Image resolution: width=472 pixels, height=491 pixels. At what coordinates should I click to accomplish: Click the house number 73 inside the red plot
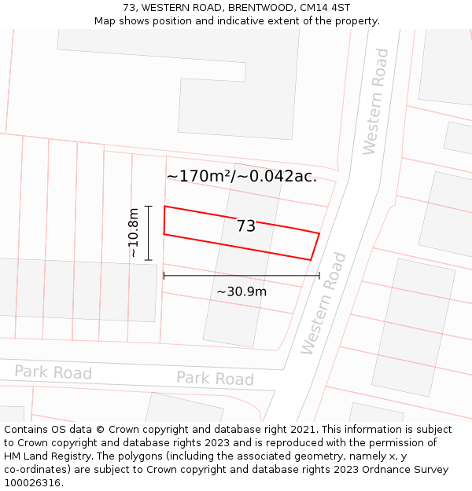coord(246,226)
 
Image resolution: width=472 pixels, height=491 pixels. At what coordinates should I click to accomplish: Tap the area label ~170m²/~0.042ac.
coord(242,176)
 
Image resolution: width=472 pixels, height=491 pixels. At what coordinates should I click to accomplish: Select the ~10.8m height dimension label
coord(134,233)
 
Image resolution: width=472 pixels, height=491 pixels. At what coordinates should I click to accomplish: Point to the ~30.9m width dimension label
coord(242,291)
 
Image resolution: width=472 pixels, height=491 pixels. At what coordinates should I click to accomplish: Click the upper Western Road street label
coord(376,101)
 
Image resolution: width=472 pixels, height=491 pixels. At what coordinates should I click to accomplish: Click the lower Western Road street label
coord(323,302)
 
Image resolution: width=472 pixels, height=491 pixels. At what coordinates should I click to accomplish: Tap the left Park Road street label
coord(53,372)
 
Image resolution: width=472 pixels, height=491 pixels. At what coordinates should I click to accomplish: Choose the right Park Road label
coord(215,379)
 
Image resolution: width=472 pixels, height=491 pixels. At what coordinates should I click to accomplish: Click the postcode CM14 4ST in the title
coord(325,8)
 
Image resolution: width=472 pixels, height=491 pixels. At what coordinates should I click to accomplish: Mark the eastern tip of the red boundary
coord(319,233)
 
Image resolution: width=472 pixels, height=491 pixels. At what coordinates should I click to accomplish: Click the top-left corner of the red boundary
coord(164,207)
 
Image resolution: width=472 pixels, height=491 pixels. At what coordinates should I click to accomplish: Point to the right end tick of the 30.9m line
coord(319,276)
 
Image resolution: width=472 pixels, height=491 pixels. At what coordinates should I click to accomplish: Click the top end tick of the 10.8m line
coord(148,206)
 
